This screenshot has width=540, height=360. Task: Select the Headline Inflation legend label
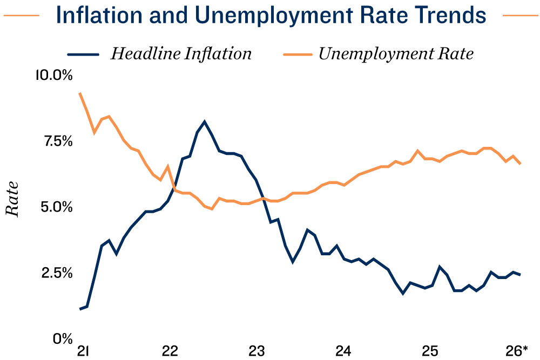pos(181,54)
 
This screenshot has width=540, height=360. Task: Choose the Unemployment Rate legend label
pos(396,54)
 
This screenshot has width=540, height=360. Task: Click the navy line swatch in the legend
pos(83,55)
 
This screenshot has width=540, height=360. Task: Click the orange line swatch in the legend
pos(297,55)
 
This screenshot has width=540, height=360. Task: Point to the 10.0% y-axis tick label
pos(53,75)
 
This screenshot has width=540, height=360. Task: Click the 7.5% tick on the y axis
pos(57,141)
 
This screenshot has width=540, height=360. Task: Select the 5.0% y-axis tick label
pos(56,207)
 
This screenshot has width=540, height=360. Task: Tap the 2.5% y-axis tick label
pos(57,273)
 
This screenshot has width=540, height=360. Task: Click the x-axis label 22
pos(170,350)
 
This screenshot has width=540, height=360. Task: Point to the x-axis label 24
pos(343,350)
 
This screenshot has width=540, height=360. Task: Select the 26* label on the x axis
pos(517,350)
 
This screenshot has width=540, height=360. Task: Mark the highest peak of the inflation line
pos(205,121)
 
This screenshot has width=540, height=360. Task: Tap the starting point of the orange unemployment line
pos(80,93)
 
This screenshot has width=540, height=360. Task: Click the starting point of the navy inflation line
pos(80,309)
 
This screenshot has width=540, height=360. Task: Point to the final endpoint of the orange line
pos(520,164)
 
